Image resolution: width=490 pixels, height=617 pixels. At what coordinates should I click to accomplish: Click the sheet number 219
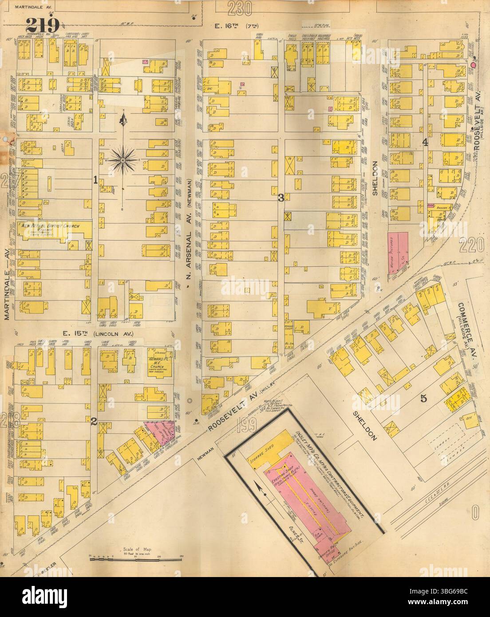tap(43, 24)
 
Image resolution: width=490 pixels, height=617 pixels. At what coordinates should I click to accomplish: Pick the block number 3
tap(281, 198)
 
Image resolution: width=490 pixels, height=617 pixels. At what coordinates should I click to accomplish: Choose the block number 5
tap(423, 398)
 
